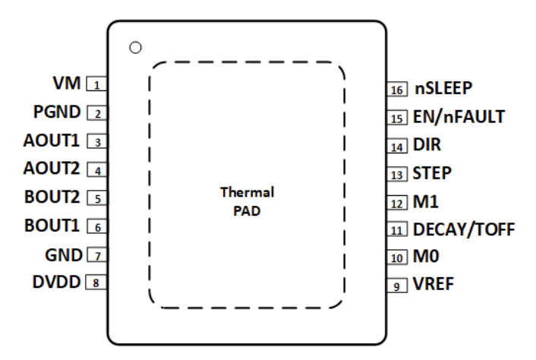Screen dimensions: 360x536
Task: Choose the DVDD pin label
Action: click(x=58, y=282)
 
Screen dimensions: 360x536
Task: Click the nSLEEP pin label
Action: click(x=444, y=88)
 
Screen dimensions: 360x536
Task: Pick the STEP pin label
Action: click(x=432, y=173)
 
